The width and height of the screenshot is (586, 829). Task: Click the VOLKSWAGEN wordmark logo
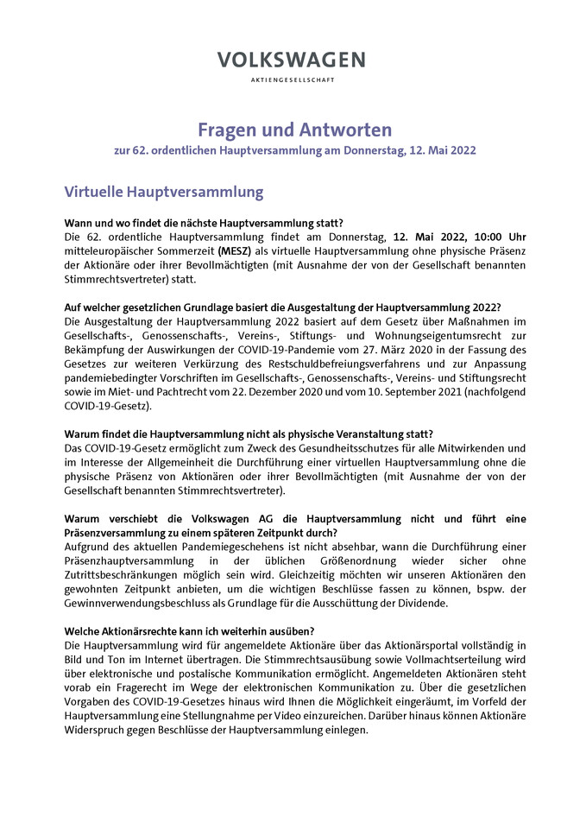tap(291, 60)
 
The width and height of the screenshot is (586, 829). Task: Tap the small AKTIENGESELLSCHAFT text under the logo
tap(292, 79)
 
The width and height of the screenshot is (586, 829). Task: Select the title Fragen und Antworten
tap(294, 130)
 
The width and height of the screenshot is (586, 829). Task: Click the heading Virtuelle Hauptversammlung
tap(164, 191)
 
